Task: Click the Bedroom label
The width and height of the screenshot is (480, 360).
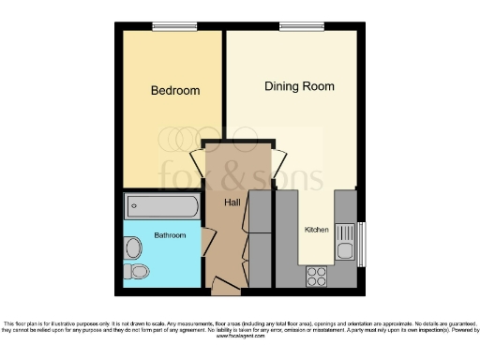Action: point(175,91)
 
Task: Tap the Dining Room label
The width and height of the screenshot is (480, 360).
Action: point(299,86)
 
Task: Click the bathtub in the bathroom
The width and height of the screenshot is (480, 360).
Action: point(161,205)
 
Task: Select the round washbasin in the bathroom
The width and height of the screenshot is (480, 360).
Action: point(134,248)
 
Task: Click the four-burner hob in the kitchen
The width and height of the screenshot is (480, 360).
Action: point(317,276)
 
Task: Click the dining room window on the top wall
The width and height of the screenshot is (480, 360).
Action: point(294,26)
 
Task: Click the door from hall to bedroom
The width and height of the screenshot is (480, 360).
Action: point(198,161)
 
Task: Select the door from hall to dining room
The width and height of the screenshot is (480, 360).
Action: point(278,160)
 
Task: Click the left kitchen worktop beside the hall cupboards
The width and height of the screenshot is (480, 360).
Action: point(285,239)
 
